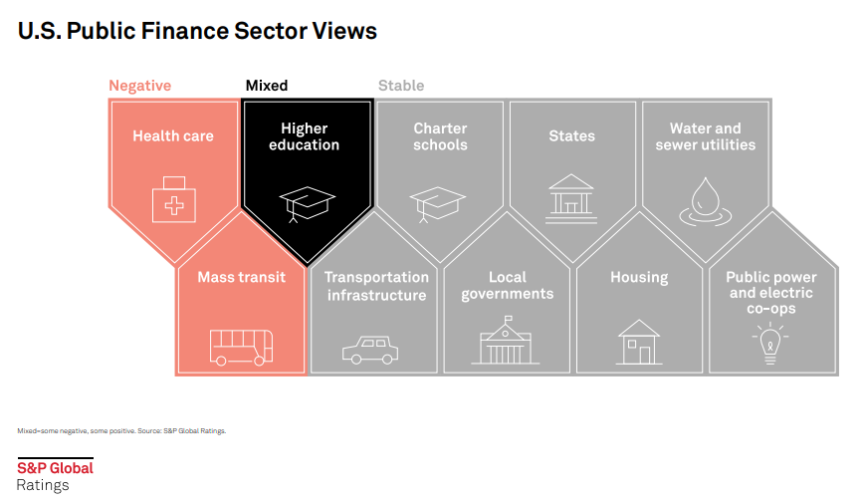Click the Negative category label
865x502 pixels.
[139, 86]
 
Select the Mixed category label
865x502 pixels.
[267, 86]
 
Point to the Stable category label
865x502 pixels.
[401, 86]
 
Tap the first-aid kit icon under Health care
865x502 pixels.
[174, 199]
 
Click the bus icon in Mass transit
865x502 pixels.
[241, 348]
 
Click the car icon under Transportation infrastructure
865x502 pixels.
[370, 350]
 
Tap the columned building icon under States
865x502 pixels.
[571, 199]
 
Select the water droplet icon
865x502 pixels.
[706, 201]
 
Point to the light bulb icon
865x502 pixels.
[770, 344]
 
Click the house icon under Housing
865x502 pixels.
[639, 342]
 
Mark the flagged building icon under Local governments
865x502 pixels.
[506, 341]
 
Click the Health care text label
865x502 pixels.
[173, 135]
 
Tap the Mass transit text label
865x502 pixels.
[242, 277]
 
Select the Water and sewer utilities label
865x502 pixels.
[706, 136]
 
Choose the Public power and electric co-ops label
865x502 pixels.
[771, 293]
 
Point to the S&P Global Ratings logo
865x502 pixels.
[55, 475]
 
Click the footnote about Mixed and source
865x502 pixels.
[121, 430]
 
